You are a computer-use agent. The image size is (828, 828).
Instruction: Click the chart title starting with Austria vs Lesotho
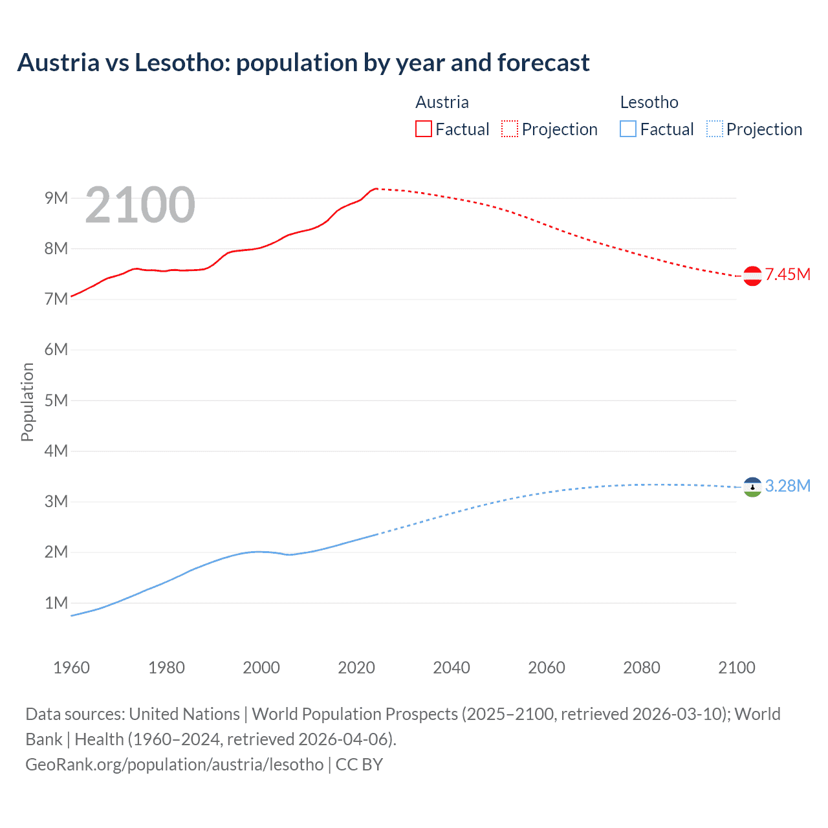[303, 63]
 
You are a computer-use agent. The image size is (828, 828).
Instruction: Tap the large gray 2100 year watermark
[140, 205]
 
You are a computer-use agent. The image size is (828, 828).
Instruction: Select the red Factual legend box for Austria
[423, 129]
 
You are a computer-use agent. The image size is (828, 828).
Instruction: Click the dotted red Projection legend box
[510, 129]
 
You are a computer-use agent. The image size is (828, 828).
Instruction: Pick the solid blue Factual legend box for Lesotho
[627, 129]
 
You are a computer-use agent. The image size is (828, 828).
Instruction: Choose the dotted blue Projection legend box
[714, 129]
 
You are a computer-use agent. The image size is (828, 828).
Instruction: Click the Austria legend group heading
[442, 102]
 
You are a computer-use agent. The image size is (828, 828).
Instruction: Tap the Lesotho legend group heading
[649, 102]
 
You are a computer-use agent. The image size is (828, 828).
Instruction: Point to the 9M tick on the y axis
[56, 198]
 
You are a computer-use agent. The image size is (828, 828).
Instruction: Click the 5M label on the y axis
[56, 400]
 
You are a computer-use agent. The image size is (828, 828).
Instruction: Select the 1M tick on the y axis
[56, 603]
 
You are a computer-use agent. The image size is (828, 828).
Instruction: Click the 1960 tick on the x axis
[71, 668]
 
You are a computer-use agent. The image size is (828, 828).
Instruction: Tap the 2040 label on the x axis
[452, 668]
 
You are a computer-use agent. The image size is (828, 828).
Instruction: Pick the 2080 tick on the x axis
[642, 668]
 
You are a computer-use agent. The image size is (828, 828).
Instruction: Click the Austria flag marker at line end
[752, 276]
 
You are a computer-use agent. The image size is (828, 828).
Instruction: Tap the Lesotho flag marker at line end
[752, 487]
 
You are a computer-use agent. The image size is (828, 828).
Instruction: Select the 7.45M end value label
[787, 274]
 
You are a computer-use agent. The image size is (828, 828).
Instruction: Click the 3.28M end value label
[787, 486]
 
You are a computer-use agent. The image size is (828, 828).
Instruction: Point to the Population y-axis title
[27, 402]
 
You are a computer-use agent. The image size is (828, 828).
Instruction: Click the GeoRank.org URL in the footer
[175, 764]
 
